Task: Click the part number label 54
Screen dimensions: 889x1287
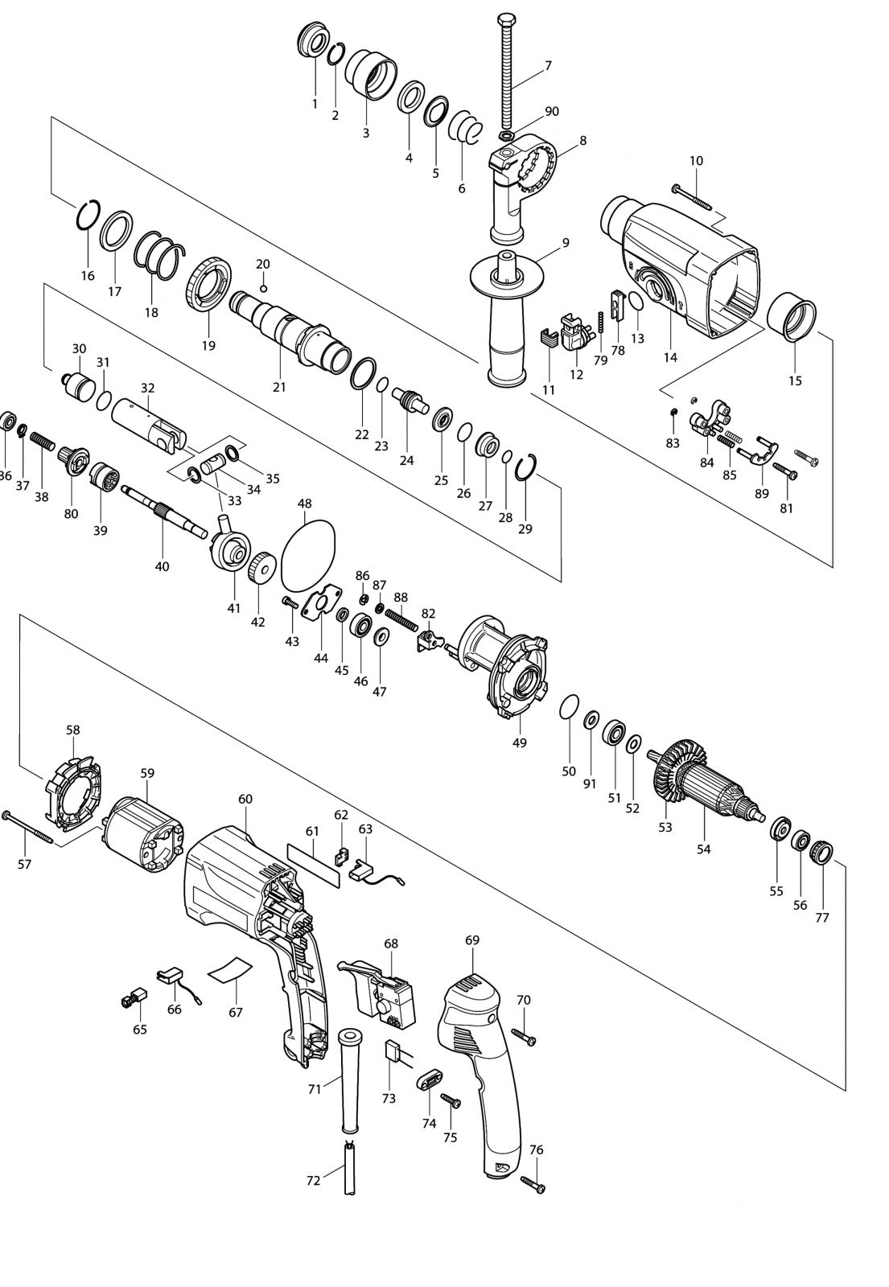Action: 703,849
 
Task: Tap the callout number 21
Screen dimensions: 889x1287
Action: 279,387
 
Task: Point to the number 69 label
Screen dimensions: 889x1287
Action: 472,940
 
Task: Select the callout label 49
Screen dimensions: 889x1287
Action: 519,743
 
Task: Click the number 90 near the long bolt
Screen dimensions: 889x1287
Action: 552,111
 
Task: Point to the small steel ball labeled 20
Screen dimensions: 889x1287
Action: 263,287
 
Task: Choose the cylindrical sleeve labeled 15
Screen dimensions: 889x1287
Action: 792,317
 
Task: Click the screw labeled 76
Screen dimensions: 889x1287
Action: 533,1184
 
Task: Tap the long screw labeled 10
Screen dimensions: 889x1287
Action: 691,197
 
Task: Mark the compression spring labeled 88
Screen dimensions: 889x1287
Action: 401,619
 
